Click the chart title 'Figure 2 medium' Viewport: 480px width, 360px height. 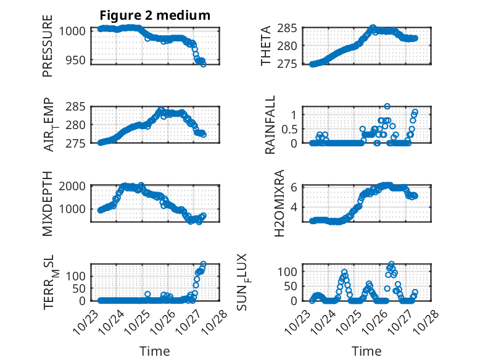click(x=154, y=15)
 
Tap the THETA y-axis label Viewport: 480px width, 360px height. click(x=266, y=46)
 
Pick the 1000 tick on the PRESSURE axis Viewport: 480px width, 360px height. click(x=73, y=31)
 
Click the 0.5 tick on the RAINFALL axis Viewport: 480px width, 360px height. click(x=289, y=128)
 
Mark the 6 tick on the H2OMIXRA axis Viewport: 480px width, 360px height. click(x=295, y=187)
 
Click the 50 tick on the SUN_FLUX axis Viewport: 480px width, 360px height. click(x=292, y=286)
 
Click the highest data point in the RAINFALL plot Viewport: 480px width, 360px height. click(x=387, y=106)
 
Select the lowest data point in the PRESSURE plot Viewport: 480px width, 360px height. click(x=204, y=64)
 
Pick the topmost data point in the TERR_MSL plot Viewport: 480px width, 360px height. click(x=204, y=264)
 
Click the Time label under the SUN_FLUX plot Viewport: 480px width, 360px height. click(x=366, y=351)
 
